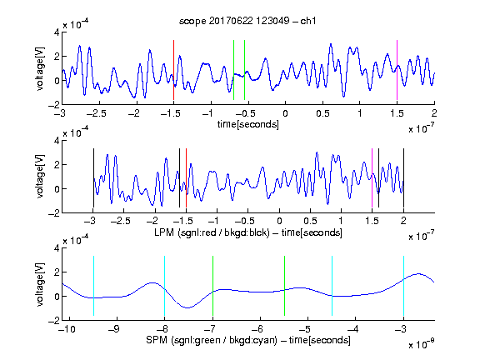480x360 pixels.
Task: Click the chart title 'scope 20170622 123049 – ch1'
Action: [247, 21]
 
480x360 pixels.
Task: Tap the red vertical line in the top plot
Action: [173, 70]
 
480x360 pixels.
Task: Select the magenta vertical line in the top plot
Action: [397, 70]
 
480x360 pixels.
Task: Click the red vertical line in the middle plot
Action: [186, 177]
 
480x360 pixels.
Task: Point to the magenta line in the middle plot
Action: [372, 177]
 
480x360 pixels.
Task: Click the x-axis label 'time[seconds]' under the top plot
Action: [248, 124]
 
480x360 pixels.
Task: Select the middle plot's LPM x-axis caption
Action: [248, 232]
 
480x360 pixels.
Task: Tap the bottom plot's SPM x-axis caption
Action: [248, 340]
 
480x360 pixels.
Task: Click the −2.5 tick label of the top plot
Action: [97, 113]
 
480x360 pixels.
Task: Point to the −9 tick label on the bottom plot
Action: [114, 329]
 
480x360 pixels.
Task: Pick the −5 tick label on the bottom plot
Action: [305, 329]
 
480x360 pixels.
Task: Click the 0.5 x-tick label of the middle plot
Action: [310, 221]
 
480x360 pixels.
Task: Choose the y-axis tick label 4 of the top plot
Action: [57, 32]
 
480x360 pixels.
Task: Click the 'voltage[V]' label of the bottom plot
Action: [40, 284]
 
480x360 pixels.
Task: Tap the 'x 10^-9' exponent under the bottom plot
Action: [421, 345]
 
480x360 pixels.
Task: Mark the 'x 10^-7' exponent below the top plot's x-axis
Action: [421, 129]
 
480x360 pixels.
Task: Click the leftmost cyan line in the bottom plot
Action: [93, 286]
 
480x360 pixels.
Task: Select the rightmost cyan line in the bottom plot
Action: [403, 286]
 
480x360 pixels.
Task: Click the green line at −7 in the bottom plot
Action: [212, 286]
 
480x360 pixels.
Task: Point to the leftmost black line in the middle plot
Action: [93, 177]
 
